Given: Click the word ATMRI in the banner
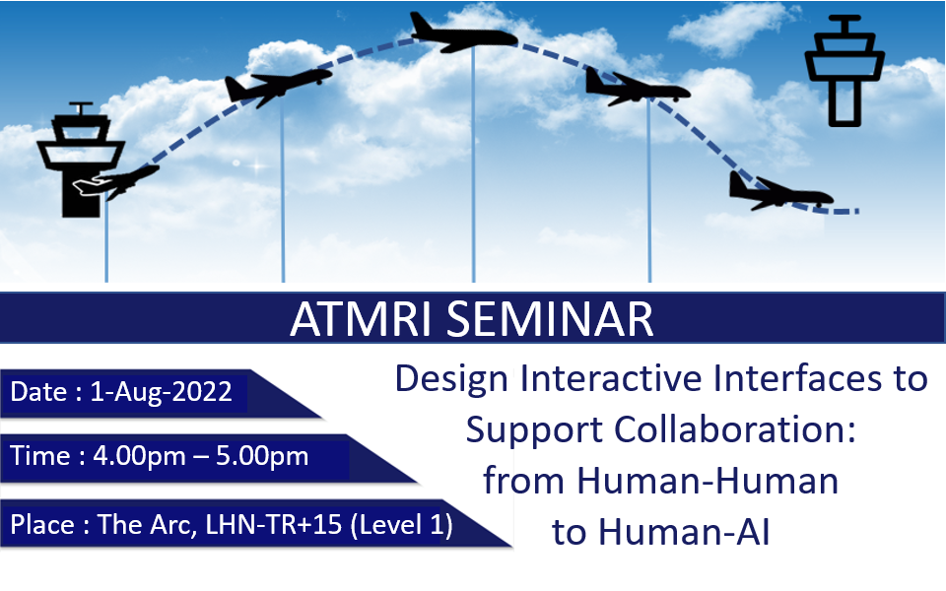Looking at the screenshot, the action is pyautogui.click(x=361, y=318).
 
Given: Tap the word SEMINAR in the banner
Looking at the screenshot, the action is pyautogui.click(x=550, y=318).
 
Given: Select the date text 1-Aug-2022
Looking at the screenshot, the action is pyautogui.click(x=161, y=392).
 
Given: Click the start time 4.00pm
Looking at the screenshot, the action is pyautogui.click(x=139, y=456).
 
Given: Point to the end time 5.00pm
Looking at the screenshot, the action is pyautogui.click(x=262, y=456).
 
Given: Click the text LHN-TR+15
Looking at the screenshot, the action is pyautogui.click(x=274, y=524).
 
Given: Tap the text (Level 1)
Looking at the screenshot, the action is pyautogui.click(x=402, y=525).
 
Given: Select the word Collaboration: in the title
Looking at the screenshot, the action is pyautogui.click(x=735, y=430).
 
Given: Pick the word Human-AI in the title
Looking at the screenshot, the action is pyautogui.click(x=684, y=532).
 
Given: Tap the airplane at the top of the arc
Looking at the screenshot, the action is pyautogui.click(x=463, y=33).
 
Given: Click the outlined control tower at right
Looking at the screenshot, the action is pyautogui.click(x=845, y=70).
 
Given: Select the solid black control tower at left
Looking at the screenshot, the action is pyautogui.click(x=81, y=160).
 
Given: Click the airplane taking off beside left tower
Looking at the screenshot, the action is pyautogui.click(x=116, y=182).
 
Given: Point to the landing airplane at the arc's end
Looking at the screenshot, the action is pyautogui.click(x=780, y=191).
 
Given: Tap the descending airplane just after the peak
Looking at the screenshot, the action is pyautogui.click(x=638, y=88).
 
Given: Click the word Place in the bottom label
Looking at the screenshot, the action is pyautogui.click(x=42, y=524).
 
